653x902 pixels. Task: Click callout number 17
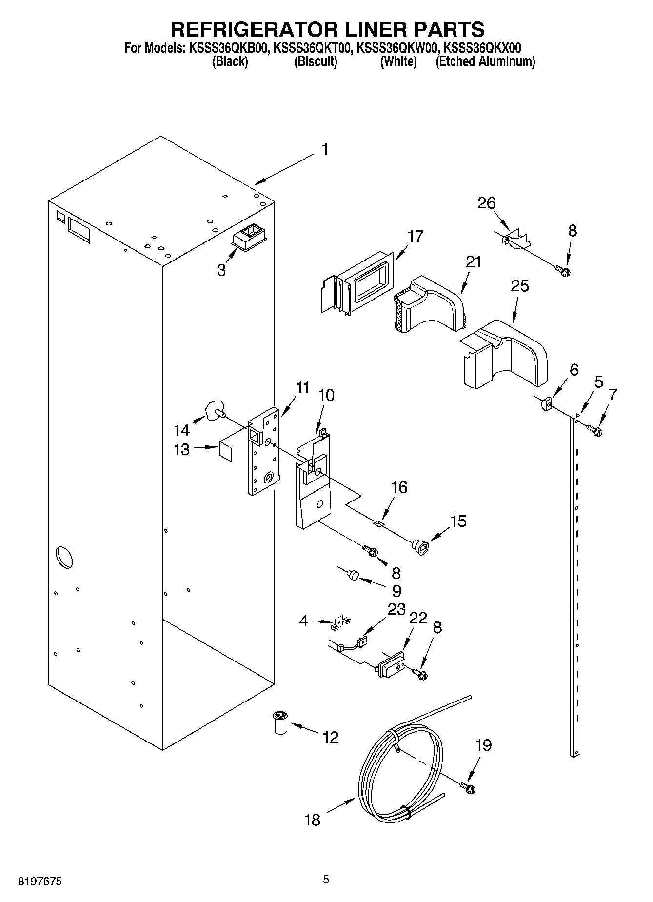416,237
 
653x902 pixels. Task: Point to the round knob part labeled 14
215,409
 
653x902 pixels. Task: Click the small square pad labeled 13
226,450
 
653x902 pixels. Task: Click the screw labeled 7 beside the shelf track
594,430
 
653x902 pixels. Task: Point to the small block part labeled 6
546,403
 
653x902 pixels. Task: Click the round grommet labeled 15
419,545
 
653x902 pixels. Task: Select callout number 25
519,286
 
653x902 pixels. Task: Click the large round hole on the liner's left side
64,557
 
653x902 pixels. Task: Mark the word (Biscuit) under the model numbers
316,62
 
